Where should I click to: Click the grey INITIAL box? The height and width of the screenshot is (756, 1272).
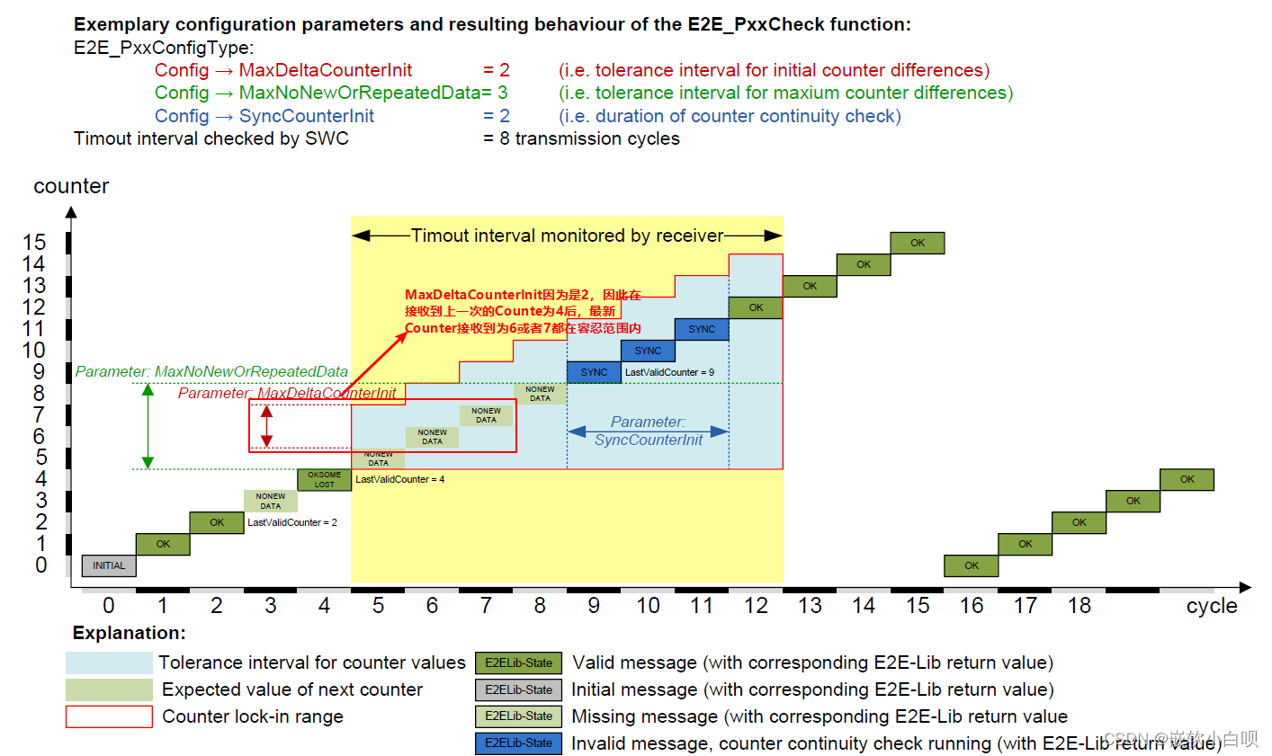click(x=109, y=565)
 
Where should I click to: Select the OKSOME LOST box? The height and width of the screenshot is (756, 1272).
click(x=325, y=479)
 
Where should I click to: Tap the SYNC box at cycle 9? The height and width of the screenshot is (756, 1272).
click(x=594, y=372)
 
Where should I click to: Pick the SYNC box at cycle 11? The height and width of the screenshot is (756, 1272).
click(x=702, y=329)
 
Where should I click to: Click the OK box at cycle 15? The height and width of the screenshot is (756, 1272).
click(x=918, y=243)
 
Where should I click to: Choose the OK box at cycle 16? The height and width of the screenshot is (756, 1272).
click(x=972, y=565)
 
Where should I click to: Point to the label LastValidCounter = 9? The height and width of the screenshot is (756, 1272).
click(x=669, y=372)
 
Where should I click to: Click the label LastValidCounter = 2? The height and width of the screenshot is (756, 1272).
click(x=292, y=522)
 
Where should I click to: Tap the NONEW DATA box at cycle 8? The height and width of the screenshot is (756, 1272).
click(x=540, y=394)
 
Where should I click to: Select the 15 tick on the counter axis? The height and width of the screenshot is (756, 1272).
click(x=34, y=243)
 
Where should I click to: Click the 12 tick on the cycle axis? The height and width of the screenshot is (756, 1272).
click(x=756, y=606)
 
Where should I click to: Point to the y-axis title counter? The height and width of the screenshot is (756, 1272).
click(x=71, y=186)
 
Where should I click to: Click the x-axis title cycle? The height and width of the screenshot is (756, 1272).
click(x=1212, y=606)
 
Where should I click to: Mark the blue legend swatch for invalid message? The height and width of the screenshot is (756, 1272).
click(x=519, y=743)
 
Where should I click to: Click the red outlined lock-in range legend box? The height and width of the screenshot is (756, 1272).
click(x=109, y=716)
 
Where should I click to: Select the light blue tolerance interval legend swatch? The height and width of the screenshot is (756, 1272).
click(x=109, y=663)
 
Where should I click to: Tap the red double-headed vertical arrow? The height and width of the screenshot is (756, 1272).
click(x=266, y=426)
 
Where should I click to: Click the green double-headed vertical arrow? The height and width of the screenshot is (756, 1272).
click(x=148, y=426)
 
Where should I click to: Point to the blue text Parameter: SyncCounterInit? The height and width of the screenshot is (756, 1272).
click(x=649, y=431)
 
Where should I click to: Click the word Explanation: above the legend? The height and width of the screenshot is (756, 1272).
click(x=130, y=633)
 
